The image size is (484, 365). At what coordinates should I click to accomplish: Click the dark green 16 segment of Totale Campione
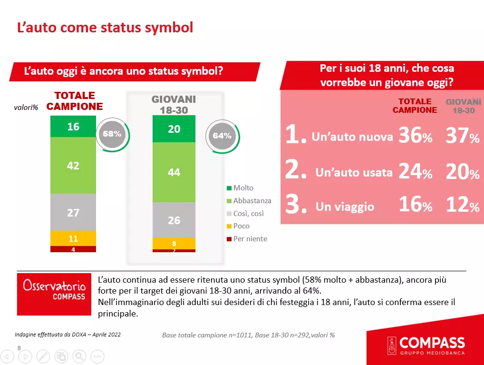[x=73, y=127]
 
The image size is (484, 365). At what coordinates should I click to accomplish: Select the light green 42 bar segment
[x=73, y=166]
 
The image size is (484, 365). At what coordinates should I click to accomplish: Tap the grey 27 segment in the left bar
[x=73, y=212]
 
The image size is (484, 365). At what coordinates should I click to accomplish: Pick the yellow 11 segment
[x=73, y=238]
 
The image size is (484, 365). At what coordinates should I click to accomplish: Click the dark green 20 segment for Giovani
[x=174, y=129]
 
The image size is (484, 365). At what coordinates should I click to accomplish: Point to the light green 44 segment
[x=174, y=172]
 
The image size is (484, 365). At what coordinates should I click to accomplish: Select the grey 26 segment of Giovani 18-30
[x=174, y=220]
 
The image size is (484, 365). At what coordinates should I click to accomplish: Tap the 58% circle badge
[x=112, y=134]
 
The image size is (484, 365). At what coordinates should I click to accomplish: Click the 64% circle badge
[x=222, y=136]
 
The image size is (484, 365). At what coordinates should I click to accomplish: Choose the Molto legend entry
[x=243, y=188]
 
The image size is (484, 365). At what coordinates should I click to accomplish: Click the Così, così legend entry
[x=248, y=214]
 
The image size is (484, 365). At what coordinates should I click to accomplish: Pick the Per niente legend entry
[x=250, y=239]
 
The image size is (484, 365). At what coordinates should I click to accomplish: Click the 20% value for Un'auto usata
[x=462, y=172]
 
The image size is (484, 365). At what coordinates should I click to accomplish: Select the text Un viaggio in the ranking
[x=345, y=207]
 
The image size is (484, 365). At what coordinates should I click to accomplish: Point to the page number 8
[x=19, y=348]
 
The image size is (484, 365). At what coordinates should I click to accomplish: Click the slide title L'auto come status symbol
[x=105, y=27]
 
